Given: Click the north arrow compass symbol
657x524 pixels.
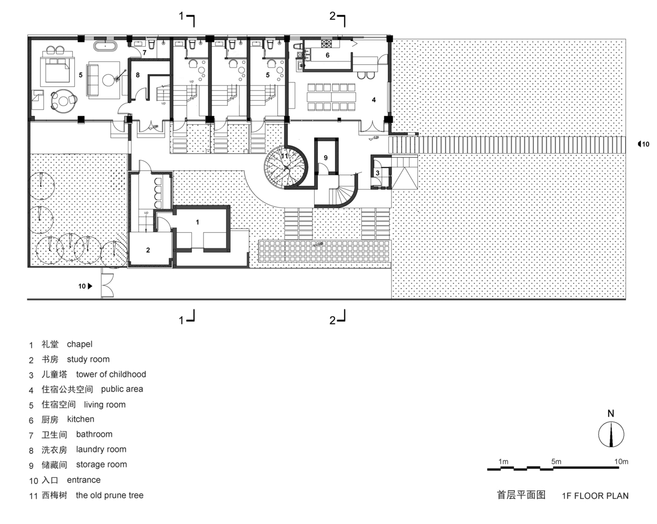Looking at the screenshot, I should pyautogui.click(x=611, y=434).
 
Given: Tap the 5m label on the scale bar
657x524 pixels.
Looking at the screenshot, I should pyautogui.click(x=556, y=462).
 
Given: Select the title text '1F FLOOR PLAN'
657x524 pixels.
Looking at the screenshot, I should pyautogui.click(x=595, y=496).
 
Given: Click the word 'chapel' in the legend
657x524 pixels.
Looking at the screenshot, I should pyautogui.click(x=80, y=344).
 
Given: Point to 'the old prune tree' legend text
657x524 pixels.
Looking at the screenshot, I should pyautogui.click(x=110, y=495).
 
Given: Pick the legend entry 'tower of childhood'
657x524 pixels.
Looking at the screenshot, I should pyautogui.click(x=111, y=374).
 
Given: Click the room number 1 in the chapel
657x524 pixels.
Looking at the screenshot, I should pyautogui.click(x=198, y=222).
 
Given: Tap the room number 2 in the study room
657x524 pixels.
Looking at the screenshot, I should pyautogui.click(x=148, y=250).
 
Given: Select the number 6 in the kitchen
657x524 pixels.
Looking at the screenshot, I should pyautogui.click(x=328, y=55).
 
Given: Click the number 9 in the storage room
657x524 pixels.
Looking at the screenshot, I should pyautogui.click(x=326, y=158).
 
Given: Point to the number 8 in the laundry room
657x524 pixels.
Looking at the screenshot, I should pyautogui.click(x=138, y=75).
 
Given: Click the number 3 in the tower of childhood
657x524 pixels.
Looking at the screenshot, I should pyautogui.click(x=378, y=173).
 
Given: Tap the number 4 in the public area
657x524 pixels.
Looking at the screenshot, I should pyautogui.click(x=374, y=100).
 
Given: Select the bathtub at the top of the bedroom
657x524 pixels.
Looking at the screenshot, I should pyautogui.click(x=106, y=46).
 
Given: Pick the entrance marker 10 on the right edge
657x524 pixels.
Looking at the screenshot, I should pyautogui.click(x=643, y=144).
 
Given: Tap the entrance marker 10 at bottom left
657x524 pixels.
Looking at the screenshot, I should pyautogui.click(x=85, y=286).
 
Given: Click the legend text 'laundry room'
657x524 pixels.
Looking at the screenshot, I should pyautogui.click(x=101, y=449).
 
